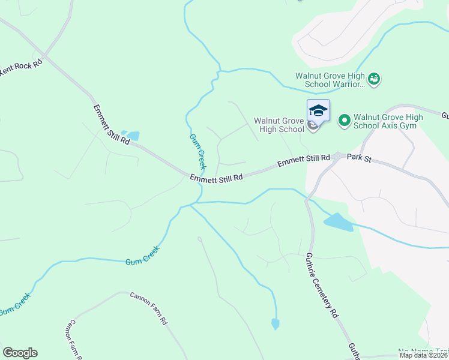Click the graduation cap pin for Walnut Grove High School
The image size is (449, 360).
tap(318, 111)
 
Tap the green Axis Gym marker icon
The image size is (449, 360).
tap(345, 121)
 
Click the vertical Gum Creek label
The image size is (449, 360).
tap(197, 151)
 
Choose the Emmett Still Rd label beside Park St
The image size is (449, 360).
tap(303, 161)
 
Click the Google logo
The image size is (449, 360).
tap(20, 353)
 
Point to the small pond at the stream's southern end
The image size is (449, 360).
tap(275, 324)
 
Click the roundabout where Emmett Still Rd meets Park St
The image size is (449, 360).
tap(338, 156)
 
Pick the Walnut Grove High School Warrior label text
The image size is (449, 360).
tap(330, 80)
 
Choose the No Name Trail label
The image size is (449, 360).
tap(423, 351)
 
